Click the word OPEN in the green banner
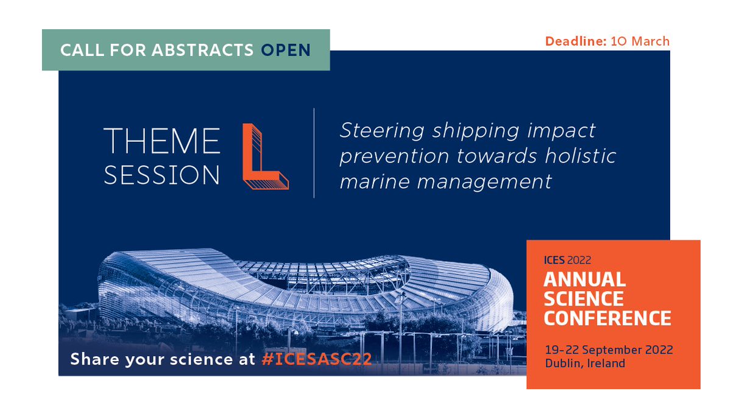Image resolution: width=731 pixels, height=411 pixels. (286, 50)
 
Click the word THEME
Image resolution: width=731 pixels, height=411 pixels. (162, 142)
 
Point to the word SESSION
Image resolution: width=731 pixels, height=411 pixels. (162, 175)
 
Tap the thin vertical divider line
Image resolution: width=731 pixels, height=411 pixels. (314, 153)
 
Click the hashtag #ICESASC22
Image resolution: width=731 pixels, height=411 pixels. (316, 359)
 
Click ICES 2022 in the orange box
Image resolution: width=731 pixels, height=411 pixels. (567, 261)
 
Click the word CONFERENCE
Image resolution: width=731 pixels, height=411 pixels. (607, 318)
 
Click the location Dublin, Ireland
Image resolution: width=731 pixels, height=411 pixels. (584, 364)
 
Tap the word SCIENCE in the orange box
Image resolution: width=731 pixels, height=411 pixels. (584, 299)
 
